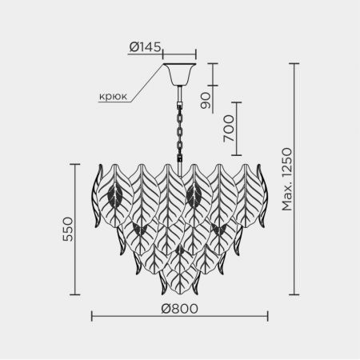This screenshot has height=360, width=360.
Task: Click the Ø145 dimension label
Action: (145, 47)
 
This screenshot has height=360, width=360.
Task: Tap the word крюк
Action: (113, 96)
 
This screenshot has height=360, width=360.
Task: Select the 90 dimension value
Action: (206, 101)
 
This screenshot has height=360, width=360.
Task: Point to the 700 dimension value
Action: (229, 128)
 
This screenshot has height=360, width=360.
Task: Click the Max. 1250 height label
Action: (287, 179)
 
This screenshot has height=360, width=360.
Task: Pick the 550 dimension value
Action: (68, 230)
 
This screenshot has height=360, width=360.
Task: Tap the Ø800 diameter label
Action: (179, 309)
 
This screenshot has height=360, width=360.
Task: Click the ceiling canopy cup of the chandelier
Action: (179, 74)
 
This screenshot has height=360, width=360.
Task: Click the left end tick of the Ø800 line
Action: (92, 316)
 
